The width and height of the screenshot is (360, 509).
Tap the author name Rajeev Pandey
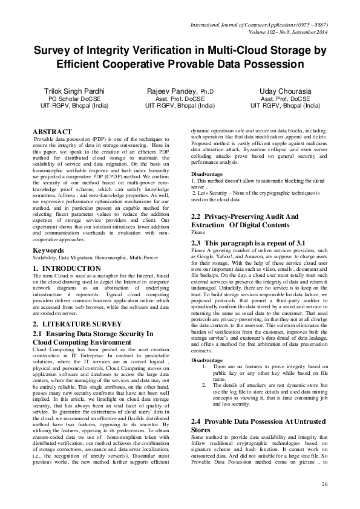coord(180,90)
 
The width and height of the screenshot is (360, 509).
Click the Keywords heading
coord(50,250)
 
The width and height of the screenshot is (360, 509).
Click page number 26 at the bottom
coord(324,485)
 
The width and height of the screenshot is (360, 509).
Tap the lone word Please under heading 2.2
coord(198,232)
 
